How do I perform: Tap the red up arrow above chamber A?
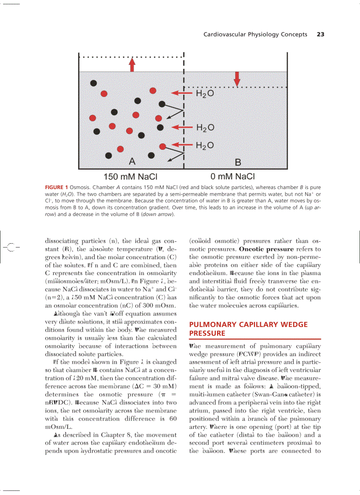(x=131, y=64)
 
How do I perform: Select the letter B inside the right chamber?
(x=238, y=162)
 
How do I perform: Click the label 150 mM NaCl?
(x=131, y=177)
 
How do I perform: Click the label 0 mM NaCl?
(x=233, y=177)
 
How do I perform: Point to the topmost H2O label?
(x=205, y=94)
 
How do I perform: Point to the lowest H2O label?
(x=205, y=145)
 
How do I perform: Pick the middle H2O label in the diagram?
(x=205, y=128)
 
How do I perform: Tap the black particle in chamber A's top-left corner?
(x=93, y=83)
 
